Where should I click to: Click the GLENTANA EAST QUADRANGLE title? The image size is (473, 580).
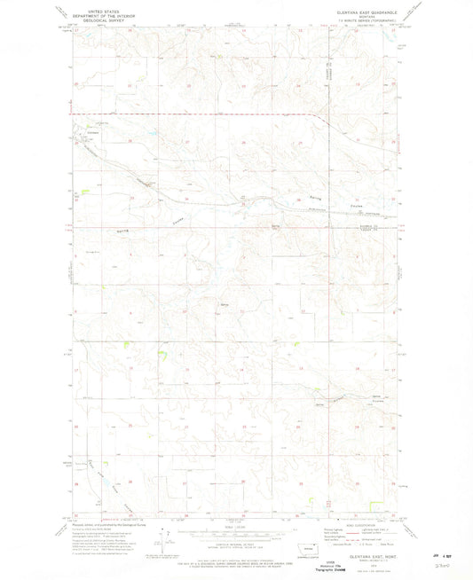pyautogui.click(x=367, y=7)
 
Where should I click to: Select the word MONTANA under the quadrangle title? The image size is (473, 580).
pyautogui.click(x=367, y=12)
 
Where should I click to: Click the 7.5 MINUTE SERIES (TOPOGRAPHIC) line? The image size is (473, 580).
pyautogui.click(x=367, y=17)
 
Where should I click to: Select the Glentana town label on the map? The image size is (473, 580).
pyautogui.click(x=92, y=132)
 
